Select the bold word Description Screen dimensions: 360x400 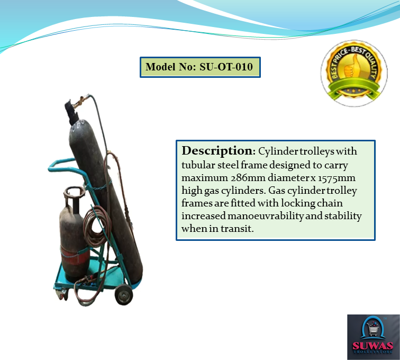[214, 150]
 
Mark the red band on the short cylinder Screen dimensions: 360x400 [75, 259]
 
